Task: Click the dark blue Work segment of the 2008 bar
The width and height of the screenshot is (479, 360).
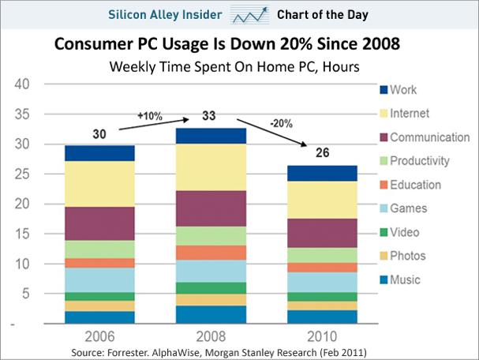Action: click(x=211, y=136)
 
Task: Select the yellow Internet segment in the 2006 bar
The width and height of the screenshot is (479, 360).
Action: click(x=100, y=184)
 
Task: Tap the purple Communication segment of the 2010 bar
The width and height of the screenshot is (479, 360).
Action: click(x=322, y=233)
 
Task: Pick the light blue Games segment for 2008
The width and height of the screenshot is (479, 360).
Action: click(x=211, y=271)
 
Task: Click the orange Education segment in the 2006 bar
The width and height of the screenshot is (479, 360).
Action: click(x=100, y=263)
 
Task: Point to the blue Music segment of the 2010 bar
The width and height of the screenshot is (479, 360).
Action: click(x=322, y=317)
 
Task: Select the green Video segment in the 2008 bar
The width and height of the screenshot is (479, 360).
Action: click(x=211, y=288)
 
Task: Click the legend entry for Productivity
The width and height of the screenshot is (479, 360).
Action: click(x=415, y=161)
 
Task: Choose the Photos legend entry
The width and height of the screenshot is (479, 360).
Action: click(x=403, y=256)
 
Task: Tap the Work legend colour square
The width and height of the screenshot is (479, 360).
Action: click(x=384, y=90)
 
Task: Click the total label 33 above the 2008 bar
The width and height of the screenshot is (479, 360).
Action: click(x=209, y=116)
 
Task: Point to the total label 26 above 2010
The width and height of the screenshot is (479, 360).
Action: click(x=322, y=153)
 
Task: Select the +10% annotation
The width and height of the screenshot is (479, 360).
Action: click(x=150, y=116)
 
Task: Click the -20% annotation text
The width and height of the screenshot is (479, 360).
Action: click(x=282, y=123)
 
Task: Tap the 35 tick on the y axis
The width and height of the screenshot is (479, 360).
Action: click(x=22, y=114)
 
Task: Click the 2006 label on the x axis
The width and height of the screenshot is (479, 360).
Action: click(x=100, y=337)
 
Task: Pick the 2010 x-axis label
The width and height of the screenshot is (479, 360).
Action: click(x=322, y=337)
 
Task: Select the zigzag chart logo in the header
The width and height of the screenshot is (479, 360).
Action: click(x=250, y=15)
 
